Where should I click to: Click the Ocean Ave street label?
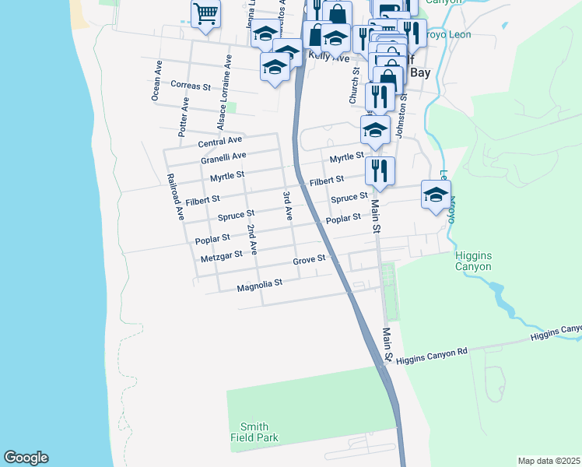coord(156,80)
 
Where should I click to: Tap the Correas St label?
coord(191,86)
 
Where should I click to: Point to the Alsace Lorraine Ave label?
coord(223,92)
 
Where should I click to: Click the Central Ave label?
coord(220,142)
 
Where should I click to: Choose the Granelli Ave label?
coord(223,159)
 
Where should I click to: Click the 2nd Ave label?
coord(251,240)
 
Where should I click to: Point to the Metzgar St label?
coord(220,256)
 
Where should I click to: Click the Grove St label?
coord(308,260)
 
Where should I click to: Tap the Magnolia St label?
coord(258,287)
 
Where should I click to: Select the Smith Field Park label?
coord(254,432)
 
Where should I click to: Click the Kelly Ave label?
coord(328,57)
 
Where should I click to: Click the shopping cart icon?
coord(206,13)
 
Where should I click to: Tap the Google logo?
coord(26,458)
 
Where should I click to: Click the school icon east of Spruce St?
coord(436,195)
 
